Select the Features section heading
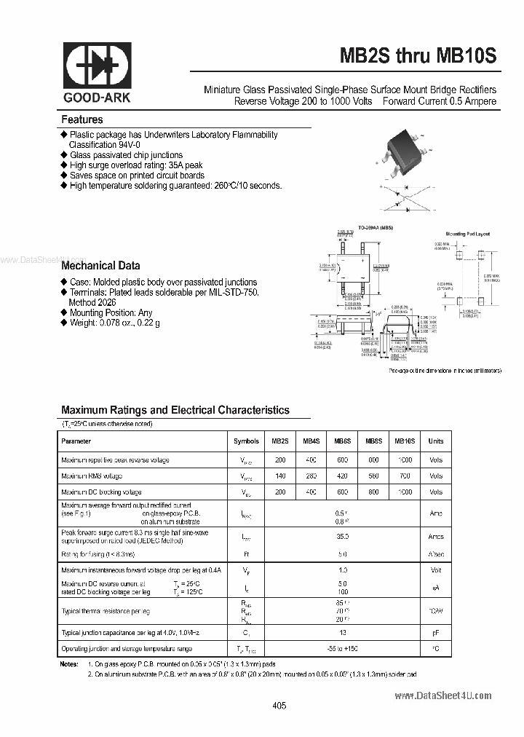(82, 119)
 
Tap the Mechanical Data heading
(100, 266)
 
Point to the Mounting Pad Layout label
(467, 234)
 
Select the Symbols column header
(246, 441)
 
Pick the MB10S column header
(405, 441)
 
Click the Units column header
(435, 441)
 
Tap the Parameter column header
(76, 441)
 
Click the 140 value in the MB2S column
(280, 476)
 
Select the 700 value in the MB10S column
(405, 476)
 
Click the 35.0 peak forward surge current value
(342, 537)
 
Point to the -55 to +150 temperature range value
(342, 648)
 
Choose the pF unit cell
(435, 633)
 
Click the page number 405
(279, 706)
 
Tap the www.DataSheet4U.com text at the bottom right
(443, 696)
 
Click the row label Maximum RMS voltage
(92, 476)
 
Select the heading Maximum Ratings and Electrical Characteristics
(175, 410)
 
